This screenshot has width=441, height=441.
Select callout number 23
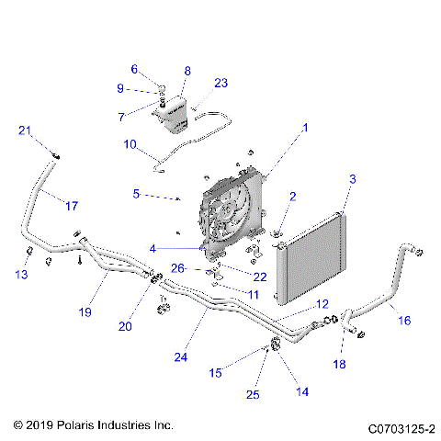pyautogui.click(x=220, y=83)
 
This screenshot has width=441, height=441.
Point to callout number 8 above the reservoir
pyautogui.click(x=187, y=71)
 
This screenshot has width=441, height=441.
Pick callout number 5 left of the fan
pyautogui.click(x=136, y=194)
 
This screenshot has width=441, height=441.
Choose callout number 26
pyautogui.click(x=179, y=268)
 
